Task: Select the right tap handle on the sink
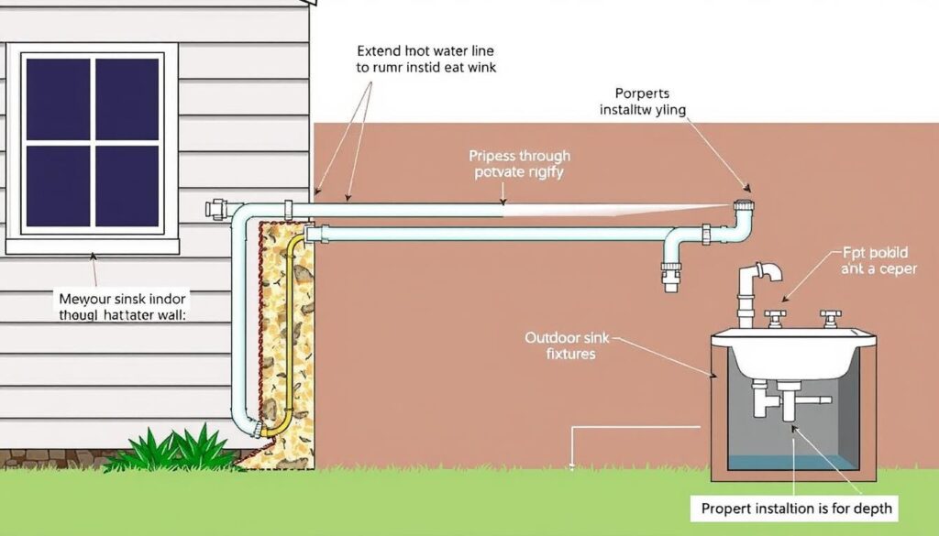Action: (x=831, y=317)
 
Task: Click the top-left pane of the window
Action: (x=58, y=98)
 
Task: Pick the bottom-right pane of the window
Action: (x=127, y=187)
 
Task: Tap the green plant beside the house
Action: (x=174, y=452)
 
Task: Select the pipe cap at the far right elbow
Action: (x=745, y=205)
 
